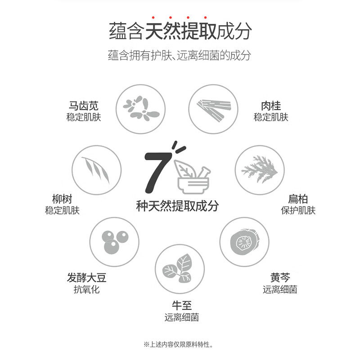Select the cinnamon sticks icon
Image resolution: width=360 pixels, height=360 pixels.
[x=213, y=109]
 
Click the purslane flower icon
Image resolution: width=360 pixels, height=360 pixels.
[x=141, y=108]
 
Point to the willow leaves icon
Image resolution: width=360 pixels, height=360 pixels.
[x=96, y=170]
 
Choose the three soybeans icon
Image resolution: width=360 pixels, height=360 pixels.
[x=115, y=242]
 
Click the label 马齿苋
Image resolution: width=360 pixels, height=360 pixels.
[x=84, y=106]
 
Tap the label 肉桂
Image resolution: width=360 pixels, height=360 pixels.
[x=271, y=106]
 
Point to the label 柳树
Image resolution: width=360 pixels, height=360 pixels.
[x=62, y=199]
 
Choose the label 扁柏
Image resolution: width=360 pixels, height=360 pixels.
[x=298, y=199]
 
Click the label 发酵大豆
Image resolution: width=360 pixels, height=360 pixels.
[x=86, y=278]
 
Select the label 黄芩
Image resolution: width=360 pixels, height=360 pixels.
[x=280, y=278]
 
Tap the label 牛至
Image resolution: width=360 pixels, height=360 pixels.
[x=182, y=306]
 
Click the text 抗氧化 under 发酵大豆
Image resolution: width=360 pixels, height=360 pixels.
[x=86, y=289]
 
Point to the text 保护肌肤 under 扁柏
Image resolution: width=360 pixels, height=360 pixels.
[x=298, y=210]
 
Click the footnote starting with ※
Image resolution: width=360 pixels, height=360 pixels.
[x=178, y=344]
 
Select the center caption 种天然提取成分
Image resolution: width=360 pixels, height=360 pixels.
[x=177, y=206]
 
